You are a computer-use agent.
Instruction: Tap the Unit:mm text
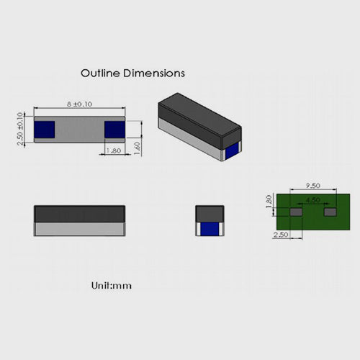tap(111, 286)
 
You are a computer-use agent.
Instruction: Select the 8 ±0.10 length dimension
tap(80, 104)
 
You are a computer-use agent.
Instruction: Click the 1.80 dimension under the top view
tap(114, 151)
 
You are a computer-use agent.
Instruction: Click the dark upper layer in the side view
tap(79, 213)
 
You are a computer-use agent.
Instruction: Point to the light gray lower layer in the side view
tap(79, 228)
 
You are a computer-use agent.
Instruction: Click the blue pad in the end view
tap(210, 229)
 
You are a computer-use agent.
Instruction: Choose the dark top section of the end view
tap(210, 213)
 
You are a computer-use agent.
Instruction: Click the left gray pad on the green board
tap(296, 213)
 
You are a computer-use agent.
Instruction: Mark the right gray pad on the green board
tap(330, 213)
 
